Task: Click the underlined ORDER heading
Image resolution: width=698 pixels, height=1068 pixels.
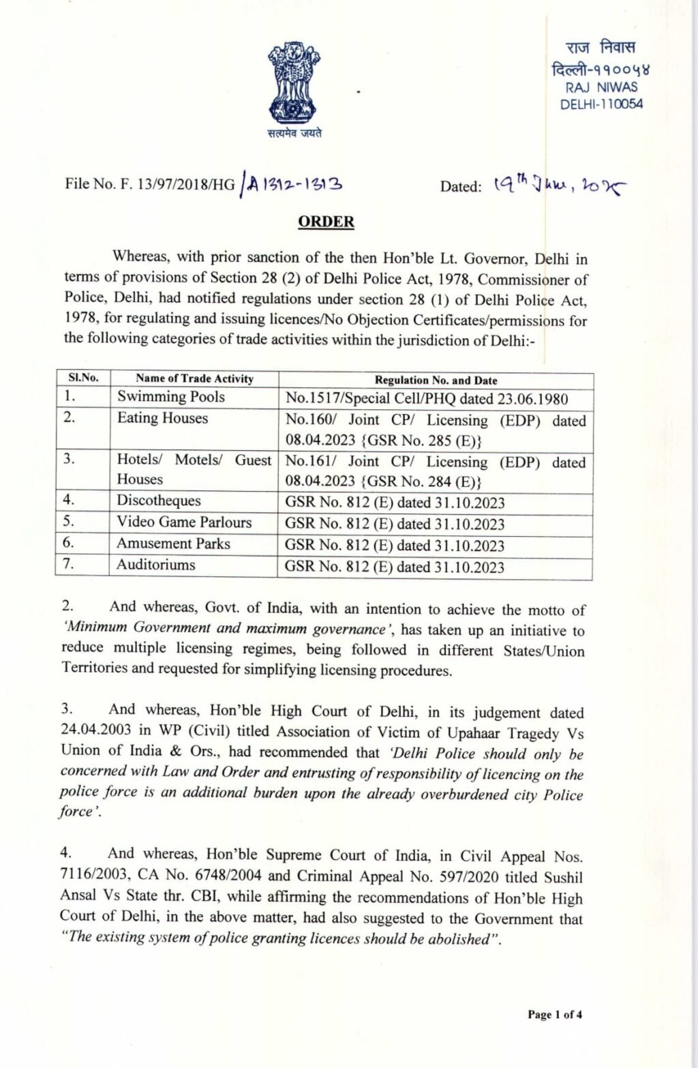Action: (x=326, y=222)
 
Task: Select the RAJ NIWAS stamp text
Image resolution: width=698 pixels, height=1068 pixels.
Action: (x=601, y=87)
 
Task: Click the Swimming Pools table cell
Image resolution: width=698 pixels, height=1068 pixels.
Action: (x=170, y=397)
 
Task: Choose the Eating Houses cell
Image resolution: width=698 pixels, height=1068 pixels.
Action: (x=162, y=418)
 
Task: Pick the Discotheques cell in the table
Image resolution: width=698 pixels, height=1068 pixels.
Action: (x=158, y=501)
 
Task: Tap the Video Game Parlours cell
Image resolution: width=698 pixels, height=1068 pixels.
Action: (x=183, y=522)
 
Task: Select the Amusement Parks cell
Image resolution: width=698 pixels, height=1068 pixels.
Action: (x=173, y=544)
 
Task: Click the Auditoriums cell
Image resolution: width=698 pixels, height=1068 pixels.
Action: (x=155, y=565)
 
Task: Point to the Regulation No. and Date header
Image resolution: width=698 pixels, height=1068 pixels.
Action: (x=436, y=380)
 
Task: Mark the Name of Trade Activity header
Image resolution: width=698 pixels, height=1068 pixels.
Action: (x=194, y=379)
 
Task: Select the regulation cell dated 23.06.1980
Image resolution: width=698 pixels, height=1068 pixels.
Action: (x=426, y=398)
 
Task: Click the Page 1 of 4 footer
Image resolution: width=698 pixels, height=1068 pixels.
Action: (x=554, y=1014)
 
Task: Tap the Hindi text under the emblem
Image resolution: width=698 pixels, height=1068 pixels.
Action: (x=294, y=133)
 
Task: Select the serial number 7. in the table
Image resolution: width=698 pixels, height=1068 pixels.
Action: (x=68, y=564)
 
